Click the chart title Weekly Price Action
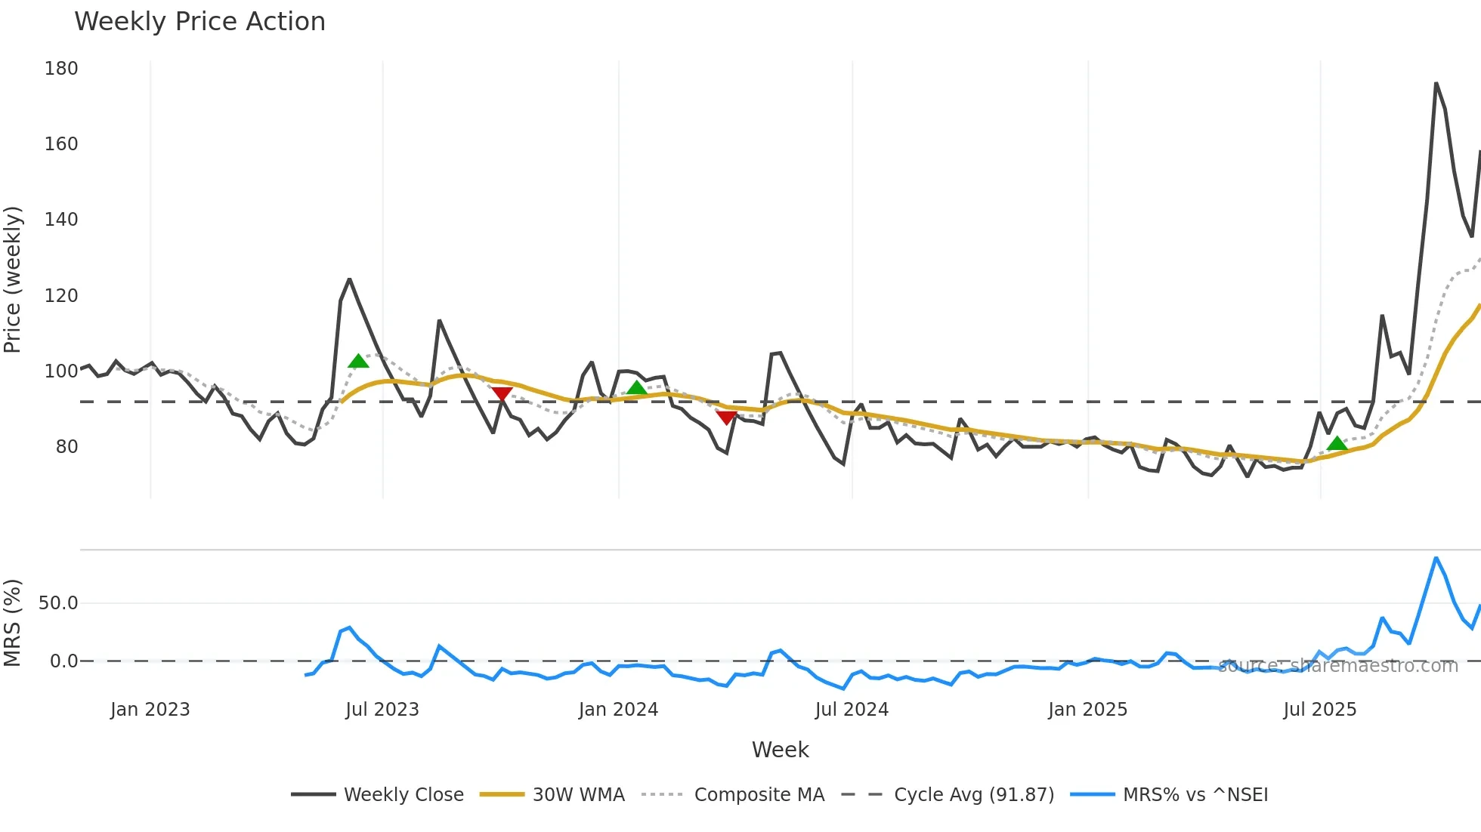[x=199, y=22]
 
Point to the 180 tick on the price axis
[x=61, y=69]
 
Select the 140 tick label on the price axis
[x=61, y=220]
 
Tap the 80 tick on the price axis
[x=66, y=447]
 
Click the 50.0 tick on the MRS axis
[x=58, y=603]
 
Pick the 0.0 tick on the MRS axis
[x=63, y=661]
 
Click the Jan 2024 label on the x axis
[x=618, y=710]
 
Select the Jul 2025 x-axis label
[x=1319, y=710]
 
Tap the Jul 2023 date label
[x=382, y=710]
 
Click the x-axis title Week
[x=780, y=750]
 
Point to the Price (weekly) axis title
[x=12, y=279]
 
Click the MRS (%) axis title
[x=12, y=623]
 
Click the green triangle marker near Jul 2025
[x=1337, y=444]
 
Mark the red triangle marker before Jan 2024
[x=502, y=393]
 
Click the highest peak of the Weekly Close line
[x=1436, y=84]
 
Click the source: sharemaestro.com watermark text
[x=1337, y=666]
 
